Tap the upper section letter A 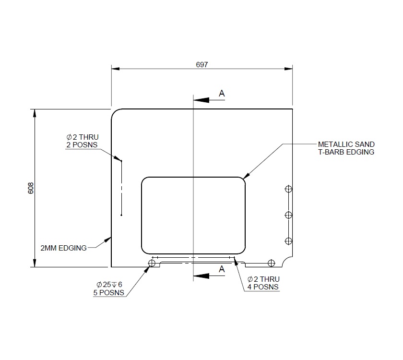click(222, 94)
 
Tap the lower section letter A click(222, 269)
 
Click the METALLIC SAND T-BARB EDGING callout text click(346, 148)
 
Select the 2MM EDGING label click(63, 248)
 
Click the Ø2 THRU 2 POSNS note click(82, 141)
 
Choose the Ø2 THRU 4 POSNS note click(263, 283)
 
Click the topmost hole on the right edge click(288, 189)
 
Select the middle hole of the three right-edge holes click(288, 215)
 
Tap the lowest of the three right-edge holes click(288, 240)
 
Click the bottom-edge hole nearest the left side click(153, 263)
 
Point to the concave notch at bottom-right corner click(288, 262)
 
